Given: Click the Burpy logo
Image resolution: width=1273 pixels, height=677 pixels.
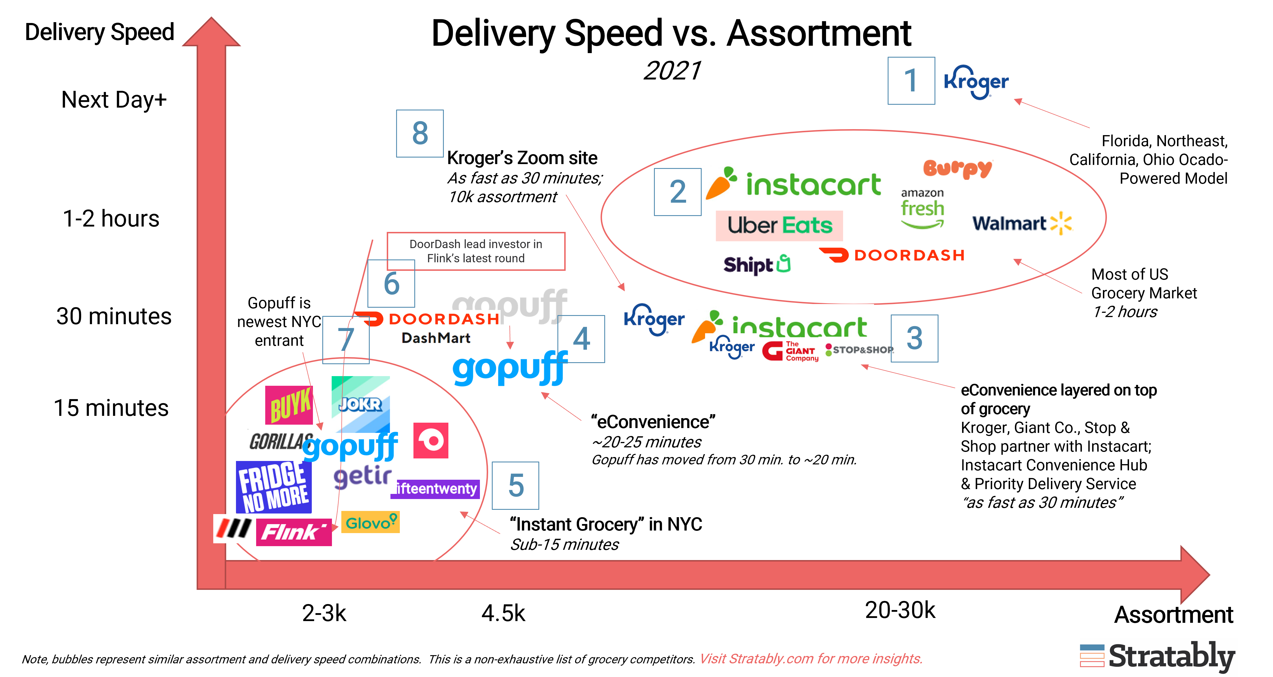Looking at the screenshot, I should pyautogui.click(x=957, y=169).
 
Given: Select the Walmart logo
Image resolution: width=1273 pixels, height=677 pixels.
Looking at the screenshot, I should pyautogui.click(x=1023, y=224).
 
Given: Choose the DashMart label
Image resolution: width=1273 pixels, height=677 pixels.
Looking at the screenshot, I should pyautogui.click(x=435, y=338).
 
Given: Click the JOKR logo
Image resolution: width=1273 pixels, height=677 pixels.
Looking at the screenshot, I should pyautogui.click(x=361, y=404).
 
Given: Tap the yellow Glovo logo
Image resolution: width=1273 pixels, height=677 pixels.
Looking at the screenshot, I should pyautogui.click(x=370, y=522).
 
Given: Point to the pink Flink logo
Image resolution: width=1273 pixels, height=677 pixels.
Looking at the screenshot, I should pyautogui.click(x=294, y=532).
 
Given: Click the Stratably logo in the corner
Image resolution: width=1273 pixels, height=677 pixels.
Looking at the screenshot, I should pyautogui.click(x=1158, y=656).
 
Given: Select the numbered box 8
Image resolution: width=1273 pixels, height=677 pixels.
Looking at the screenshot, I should pyautogui.click(x=420, y=133).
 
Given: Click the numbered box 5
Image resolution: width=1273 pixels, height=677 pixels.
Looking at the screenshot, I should pyautogui.click(x=515, y=485).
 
